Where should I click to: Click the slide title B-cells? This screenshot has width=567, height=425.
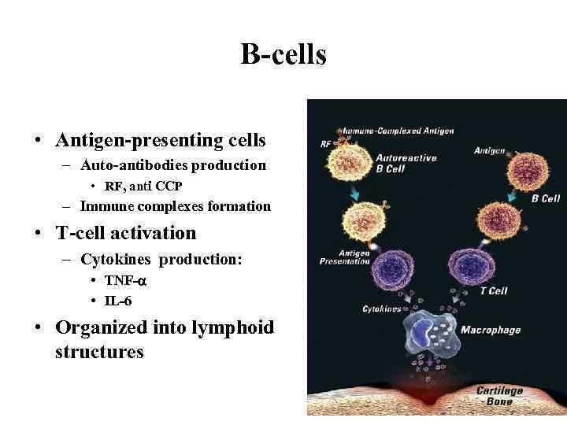pos(283,55)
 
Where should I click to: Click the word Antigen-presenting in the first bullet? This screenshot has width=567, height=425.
pos(131,141)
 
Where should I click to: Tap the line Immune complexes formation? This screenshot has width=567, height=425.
pos(175,207)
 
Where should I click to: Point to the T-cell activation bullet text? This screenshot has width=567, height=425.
pos(125,233)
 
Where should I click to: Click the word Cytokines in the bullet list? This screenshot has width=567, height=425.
pos(117,261)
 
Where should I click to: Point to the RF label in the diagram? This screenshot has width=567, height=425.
pos(325,144)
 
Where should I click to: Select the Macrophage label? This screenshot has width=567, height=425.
pos(490,330)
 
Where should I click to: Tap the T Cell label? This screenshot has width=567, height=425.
pos(495,291)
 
